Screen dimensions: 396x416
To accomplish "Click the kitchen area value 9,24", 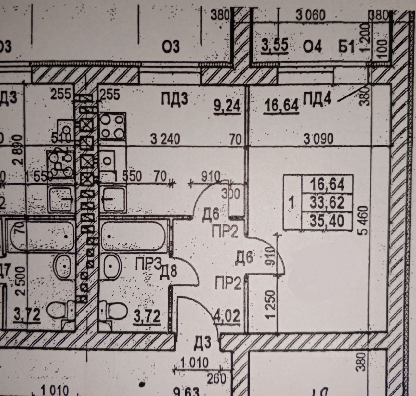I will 227,106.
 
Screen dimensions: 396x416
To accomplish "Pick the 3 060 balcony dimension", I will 310,15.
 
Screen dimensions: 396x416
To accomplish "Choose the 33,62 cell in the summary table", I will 327,203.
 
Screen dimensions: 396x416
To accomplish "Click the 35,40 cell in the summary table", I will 327,221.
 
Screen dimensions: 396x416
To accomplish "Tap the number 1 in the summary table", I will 292,204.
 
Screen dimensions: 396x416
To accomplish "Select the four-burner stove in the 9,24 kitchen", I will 112,126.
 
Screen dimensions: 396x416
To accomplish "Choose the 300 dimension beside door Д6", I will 232,194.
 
